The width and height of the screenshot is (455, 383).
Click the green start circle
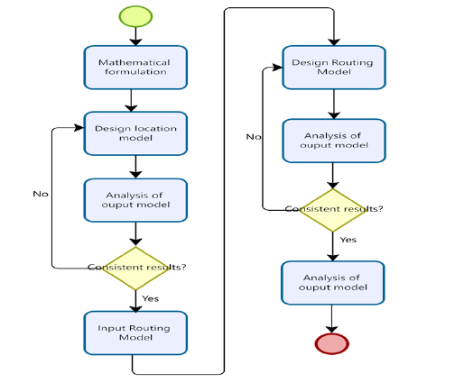(135, 16)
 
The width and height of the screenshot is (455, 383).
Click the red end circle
(332, 343)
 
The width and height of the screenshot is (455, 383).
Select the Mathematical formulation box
(135, 68)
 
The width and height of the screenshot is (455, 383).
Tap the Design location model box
(135, 133)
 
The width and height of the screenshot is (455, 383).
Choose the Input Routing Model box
(135, 333)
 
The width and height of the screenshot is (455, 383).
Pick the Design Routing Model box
(334, 68)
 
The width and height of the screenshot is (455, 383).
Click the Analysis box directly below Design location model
(135, 200)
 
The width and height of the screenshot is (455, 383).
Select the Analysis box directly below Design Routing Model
(334, 141)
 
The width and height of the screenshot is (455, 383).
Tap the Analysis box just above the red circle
(333, 283)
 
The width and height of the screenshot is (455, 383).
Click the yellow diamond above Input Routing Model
(135, 269)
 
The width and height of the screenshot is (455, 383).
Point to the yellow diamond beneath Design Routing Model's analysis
(333, 210)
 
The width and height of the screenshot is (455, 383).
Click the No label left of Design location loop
(41, 194)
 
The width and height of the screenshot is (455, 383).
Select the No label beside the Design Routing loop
(254, 137)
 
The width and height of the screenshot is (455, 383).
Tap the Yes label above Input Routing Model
(151, 298)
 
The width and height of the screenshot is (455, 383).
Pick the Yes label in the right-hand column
(348, 240)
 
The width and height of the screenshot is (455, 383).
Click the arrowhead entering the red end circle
(331, 329)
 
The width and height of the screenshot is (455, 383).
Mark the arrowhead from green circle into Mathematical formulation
(135, 41)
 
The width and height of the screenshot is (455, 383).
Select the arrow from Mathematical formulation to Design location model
(131, 101)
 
